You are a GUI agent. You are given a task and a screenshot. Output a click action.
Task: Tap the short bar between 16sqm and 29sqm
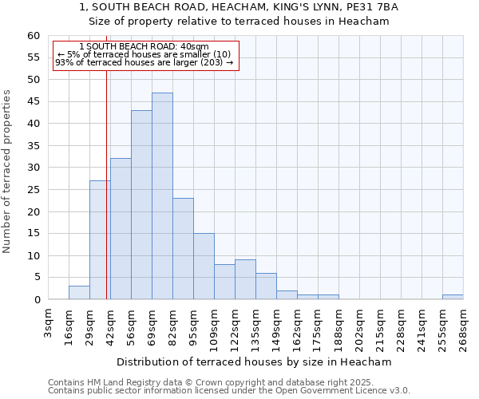pyautogui.click(x=79, y=293)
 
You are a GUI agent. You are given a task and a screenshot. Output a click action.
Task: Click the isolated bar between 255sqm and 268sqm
pyautogui.click(x=453, y=297)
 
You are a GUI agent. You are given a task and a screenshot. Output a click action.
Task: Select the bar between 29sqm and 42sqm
pyautogui.click(x=100, y=240)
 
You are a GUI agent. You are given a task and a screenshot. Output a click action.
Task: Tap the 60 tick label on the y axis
pyautogui.click(x=34, y=36)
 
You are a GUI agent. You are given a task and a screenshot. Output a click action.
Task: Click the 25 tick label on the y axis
pyautogui.click(x=34, y=190)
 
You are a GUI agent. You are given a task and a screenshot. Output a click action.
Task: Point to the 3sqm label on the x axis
pyautogui.click(x=49, y=324)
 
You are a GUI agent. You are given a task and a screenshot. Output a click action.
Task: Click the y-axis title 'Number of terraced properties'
pyautogui.click(x=7, y=172)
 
